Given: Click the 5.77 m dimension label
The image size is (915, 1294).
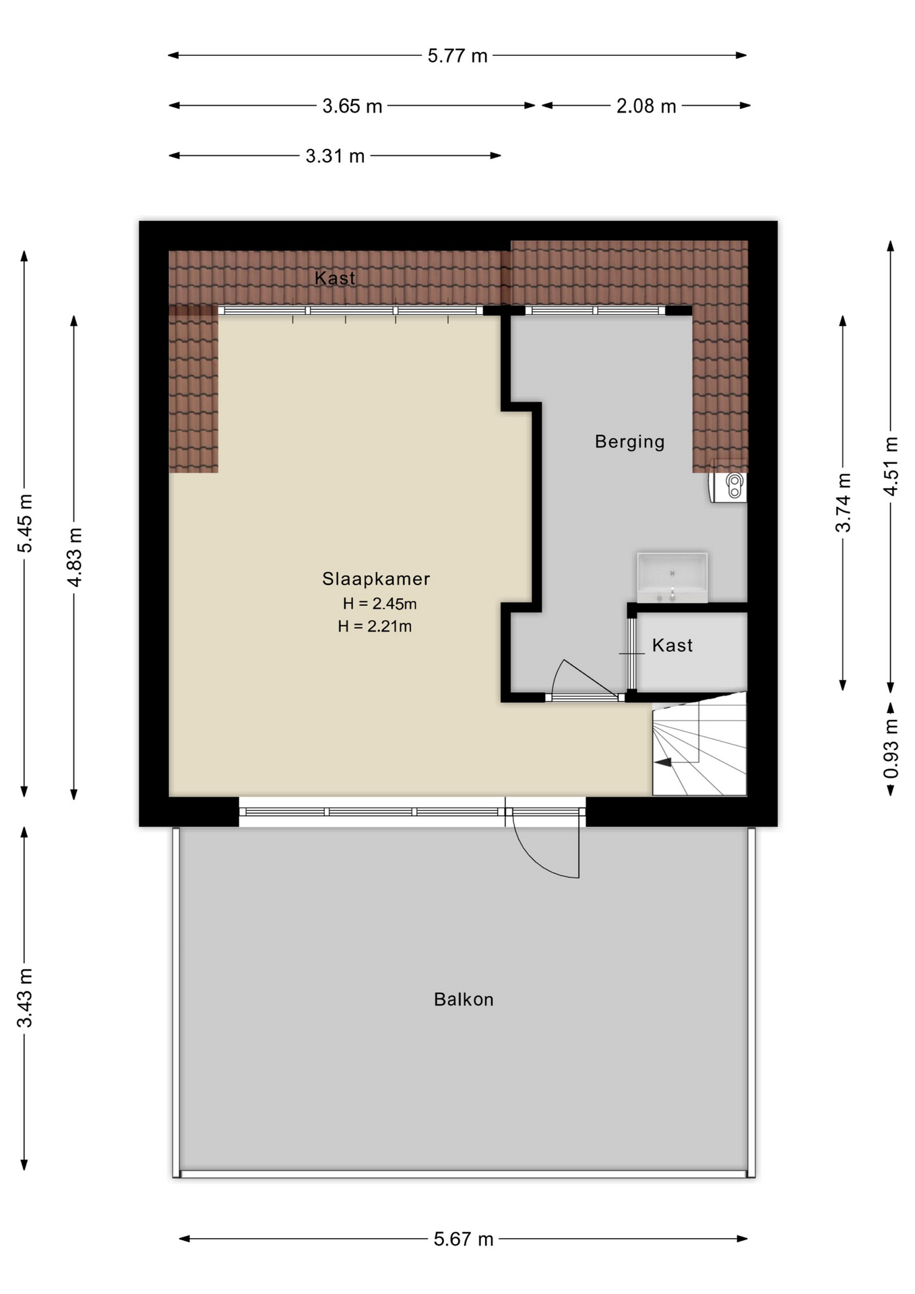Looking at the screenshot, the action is point(458,55).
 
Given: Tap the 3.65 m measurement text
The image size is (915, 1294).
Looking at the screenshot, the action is point(352,106).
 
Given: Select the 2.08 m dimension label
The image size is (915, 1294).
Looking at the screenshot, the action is point(646,106).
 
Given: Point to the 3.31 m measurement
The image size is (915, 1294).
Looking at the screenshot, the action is point(335,156).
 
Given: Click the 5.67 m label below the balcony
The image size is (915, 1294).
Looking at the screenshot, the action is point(464,1239).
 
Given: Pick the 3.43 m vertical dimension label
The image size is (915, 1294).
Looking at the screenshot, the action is point(25,997).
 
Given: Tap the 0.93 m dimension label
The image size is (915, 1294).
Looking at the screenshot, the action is point(891,749).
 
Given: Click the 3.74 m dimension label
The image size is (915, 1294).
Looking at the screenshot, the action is point(843,502).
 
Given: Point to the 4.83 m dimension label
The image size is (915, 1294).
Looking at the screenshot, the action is point(74,557).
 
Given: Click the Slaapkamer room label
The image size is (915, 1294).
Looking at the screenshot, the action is point(376,578).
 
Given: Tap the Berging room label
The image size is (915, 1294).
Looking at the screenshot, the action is point(630,441).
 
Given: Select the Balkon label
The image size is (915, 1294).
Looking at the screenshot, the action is point(464,999).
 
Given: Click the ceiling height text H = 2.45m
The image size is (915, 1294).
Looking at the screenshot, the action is point(379,603).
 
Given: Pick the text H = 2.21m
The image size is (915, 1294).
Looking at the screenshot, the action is point(375,626).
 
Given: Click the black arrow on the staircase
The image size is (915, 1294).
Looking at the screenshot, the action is point(664,762).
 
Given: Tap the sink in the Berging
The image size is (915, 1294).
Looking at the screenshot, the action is point(672,578).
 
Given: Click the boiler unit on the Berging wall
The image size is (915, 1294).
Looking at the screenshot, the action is point(728,486).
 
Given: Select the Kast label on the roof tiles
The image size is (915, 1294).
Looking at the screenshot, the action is point(335,278).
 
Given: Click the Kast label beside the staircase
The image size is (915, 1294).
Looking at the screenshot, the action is point(672,645).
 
